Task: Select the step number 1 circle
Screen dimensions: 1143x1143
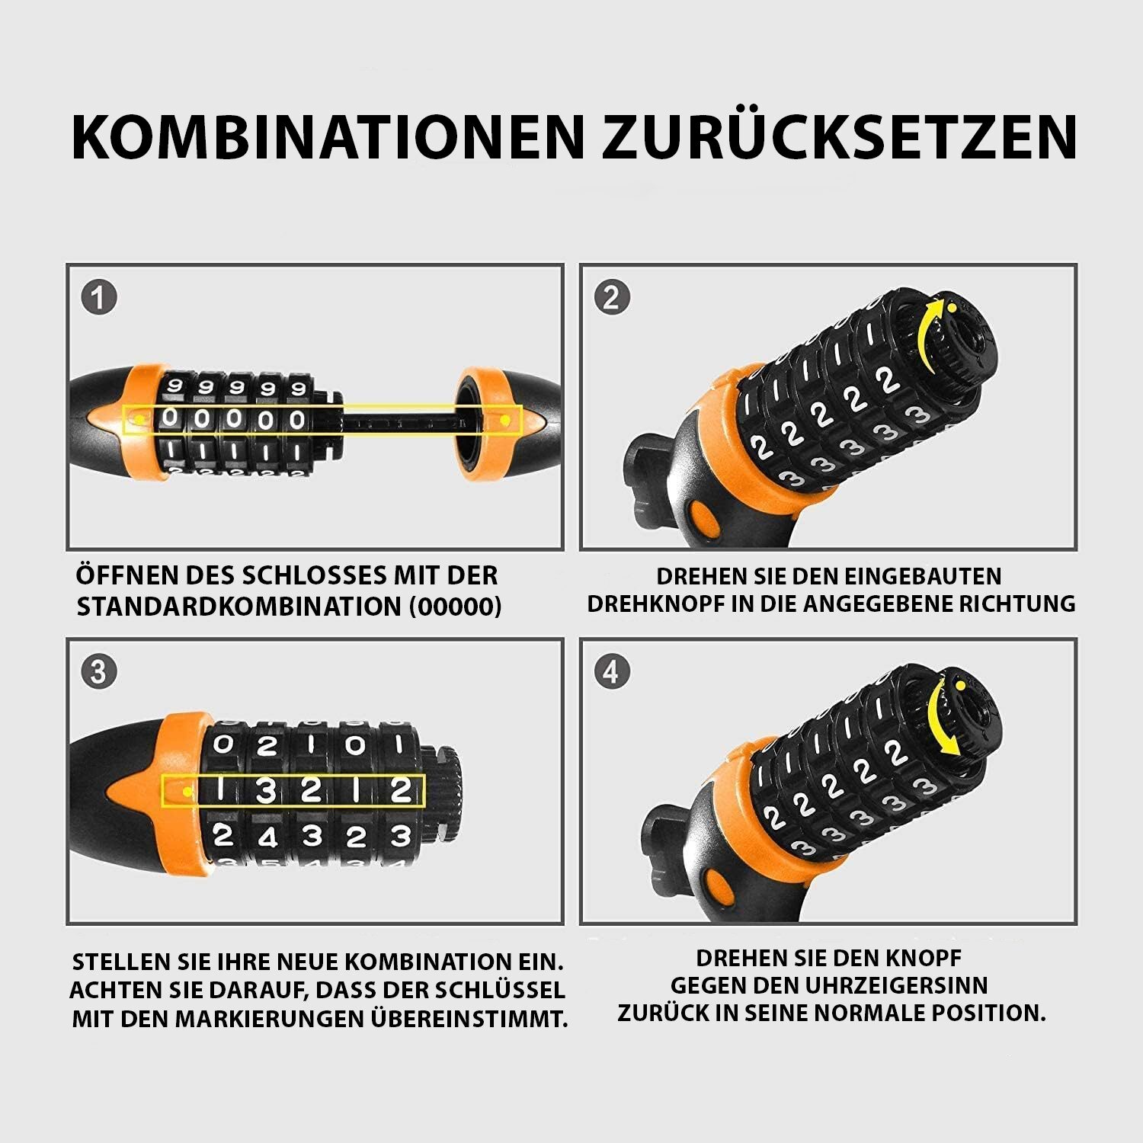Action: tap(99, 298)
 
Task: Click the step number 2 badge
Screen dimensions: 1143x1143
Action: tap(612, 298)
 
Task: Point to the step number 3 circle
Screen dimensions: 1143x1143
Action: tap(99, 672)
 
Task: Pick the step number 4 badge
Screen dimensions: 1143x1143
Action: tap(612, 672)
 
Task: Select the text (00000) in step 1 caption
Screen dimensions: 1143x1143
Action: tap(455, 607)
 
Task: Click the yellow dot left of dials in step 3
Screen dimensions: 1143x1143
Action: tap(187, 792)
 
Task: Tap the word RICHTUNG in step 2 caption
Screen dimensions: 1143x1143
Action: tap(1016, 604)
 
